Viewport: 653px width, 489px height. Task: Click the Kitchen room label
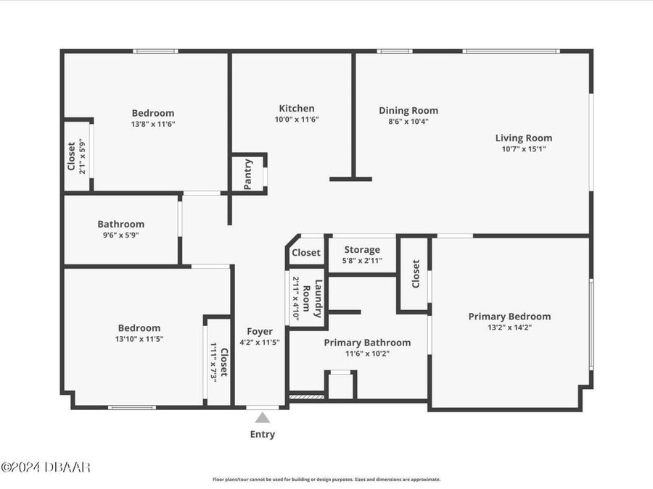point(297,109)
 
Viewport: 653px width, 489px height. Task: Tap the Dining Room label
point(408,111)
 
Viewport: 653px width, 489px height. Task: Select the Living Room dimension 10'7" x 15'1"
point(523,149)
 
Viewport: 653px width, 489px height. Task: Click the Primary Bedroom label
point(509,317)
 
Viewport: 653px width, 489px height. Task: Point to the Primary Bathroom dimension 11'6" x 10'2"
point(367,354)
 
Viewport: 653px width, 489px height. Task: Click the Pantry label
point(248,174)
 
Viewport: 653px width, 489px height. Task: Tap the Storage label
point(362,250)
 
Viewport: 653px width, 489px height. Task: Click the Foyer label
point(259,331)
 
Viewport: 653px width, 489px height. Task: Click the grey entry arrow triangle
point(263,417)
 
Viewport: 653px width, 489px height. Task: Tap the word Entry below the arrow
point(263,435)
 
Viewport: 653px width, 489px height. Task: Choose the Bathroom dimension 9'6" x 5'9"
point(120,235)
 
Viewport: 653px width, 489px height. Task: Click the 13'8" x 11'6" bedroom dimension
point(152,124)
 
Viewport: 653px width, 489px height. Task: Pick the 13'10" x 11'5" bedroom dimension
point(139,338)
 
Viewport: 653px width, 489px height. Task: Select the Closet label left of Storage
point(305,253)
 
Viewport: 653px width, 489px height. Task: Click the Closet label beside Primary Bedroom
point(416,275)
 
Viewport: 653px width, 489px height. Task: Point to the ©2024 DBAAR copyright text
point(46,467)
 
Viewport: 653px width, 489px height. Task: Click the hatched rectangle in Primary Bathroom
point(306,396)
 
